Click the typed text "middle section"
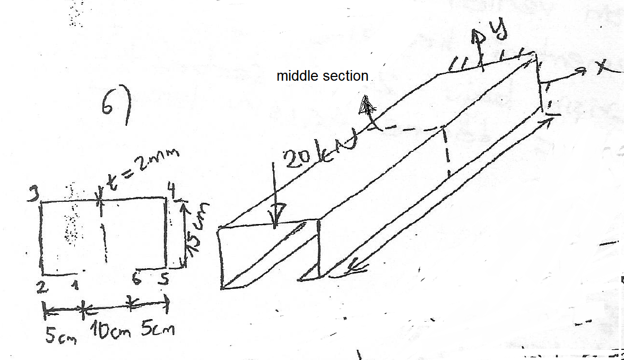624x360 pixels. coord(322,76)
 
